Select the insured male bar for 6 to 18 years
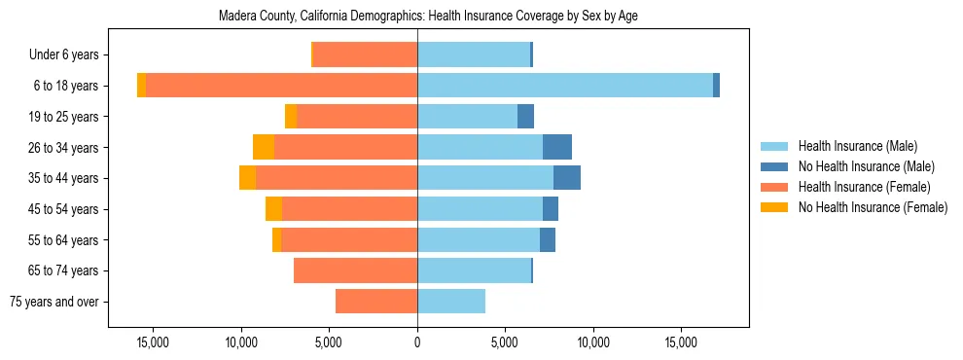pyautogui.click(x=564, y=86)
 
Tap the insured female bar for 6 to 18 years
pyautogui.click(x=281, y=86)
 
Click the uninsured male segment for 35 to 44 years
pyautogui.click(x=567, y=178)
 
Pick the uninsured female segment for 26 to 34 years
pyautogui.click(x=264, y=147)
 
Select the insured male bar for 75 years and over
pyautogui.click(x=451, y=302)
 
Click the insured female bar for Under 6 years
pyautogui.click(x=365, y=54)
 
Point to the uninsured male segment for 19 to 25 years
pyautogui.click(x=525, y=117)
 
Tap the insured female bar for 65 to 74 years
pyautogui.click(x=355, y=270)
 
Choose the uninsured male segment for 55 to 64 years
pyautogui.click(x=548, y=239)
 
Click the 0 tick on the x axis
pyautogui.click(x=417, y=342)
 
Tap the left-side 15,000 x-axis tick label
pyautogui.click(x=154, y=342)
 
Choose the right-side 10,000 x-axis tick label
pyautogui.click(x=592, y=342)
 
